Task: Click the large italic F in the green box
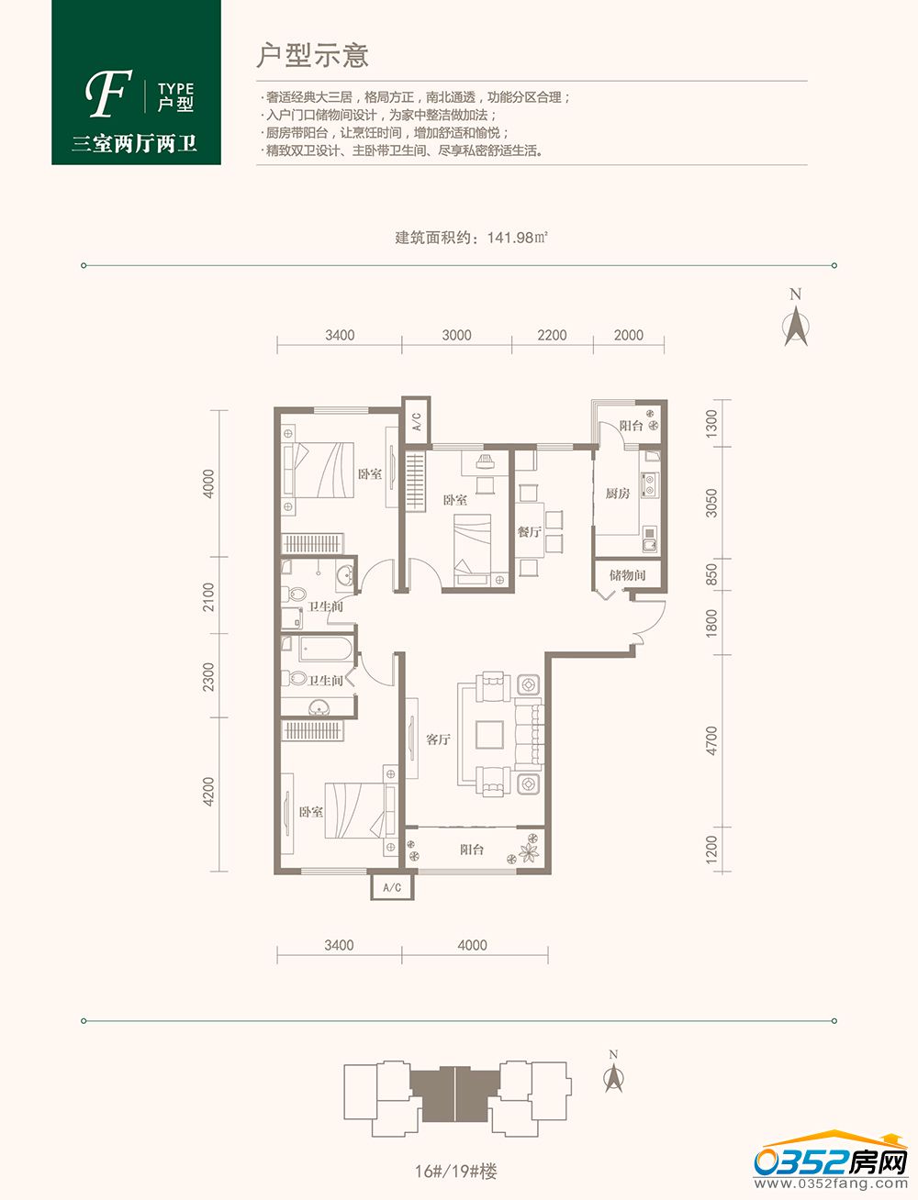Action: click(108, 94)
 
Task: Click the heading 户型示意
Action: click(312, 55)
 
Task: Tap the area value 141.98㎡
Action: click(518, 238)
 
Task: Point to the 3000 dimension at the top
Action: click(457, 335)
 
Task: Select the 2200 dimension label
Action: click(552, 335)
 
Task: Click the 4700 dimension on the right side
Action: click(711, 740)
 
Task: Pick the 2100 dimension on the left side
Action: click(209, 596)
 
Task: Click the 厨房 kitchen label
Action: click(618, 494)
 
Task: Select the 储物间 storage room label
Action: click(628, 574)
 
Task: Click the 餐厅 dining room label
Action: click(529, 531)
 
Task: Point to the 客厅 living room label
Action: click(438, 739)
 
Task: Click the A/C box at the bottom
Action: click(392, 887)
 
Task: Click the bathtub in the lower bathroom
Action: click(326, 649)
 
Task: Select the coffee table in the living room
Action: click(489, 735)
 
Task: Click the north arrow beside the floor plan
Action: click(796, 326)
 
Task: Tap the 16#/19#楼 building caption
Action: click(455, 1171)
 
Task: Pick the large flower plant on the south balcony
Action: click(529, 851)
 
